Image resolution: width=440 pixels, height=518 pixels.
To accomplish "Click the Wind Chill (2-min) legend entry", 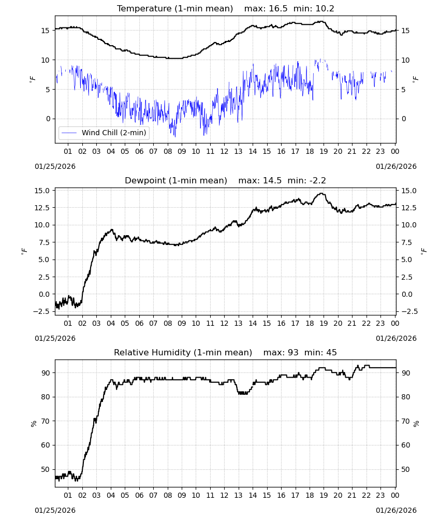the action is [x=104, y=133].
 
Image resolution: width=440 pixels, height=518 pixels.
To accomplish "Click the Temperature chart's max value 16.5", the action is [x=278, y=8].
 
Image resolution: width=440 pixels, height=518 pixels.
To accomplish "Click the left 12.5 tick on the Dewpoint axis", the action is [x=42, y=208].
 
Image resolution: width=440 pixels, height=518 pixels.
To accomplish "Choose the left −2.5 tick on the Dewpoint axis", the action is [x=41, y=311].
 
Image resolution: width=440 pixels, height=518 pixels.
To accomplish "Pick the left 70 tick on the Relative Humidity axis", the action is [x=45, y=421].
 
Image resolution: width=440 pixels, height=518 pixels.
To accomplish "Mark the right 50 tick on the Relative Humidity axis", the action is [x=405, y=469].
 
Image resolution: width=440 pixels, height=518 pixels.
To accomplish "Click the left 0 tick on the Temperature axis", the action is [x=48, y=119].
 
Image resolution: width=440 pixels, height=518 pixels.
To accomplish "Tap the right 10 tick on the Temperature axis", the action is [x=405, y=60].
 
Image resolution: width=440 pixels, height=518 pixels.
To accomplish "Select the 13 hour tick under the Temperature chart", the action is [x=238, y=151].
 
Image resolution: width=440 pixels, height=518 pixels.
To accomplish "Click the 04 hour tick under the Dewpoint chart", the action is [x=111, y=323].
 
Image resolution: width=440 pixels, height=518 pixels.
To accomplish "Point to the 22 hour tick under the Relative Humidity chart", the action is [x=366, y=495].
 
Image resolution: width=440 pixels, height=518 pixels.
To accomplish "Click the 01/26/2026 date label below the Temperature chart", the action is [x=396, y=166].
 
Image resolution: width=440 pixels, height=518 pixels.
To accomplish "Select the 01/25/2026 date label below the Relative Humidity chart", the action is [x=55, y=510].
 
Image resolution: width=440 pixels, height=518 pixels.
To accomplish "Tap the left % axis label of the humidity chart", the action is [x=33, y=424].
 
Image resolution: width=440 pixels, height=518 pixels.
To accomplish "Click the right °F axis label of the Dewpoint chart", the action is [x=423, y=251].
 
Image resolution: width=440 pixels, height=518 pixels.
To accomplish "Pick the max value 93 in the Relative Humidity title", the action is [x=293, y=352].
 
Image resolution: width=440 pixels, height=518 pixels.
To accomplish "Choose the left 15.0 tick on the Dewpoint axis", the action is [x=42, y=191].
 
